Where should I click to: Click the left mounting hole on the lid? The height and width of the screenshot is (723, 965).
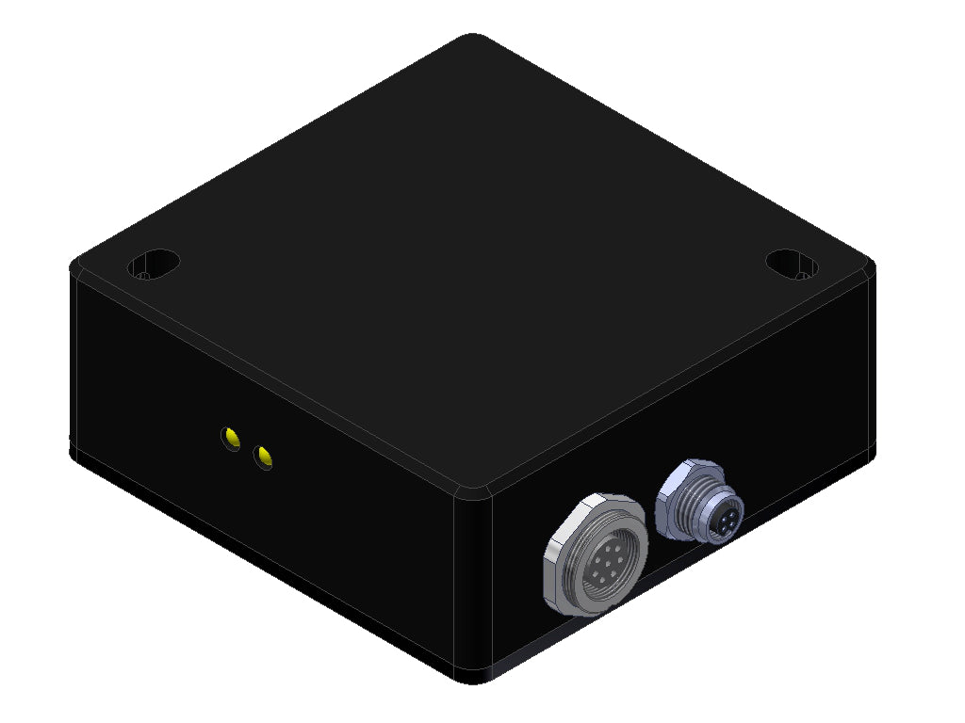(153, 264)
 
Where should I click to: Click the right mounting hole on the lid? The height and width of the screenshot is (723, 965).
(790, 264)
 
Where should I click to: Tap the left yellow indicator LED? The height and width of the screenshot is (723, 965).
(231, 438)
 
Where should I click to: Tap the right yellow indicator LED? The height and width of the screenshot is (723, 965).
(265, 458)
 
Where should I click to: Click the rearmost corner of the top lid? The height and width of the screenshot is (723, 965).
(472, 40)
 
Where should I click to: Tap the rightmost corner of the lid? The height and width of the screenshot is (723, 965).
(871, 265)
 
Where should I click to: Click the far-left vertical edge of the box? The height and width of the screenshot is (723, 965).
(72, 358)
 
